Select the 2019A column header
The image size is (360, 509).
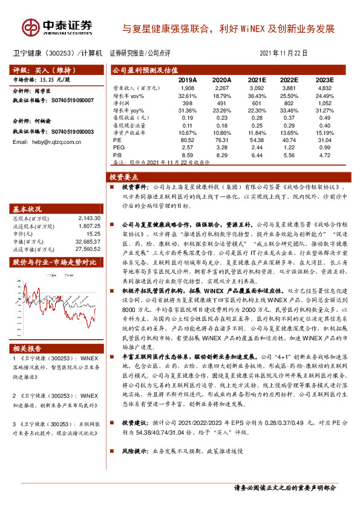[188, 80]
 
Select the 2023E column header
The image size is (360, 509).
[324, 80]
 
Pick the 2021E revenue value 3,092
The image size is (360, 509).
[257, 88]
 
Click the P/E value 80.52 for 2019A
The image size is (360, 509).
[188, 140]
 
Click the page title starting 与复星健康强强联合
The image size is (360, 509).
[228, 28]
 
